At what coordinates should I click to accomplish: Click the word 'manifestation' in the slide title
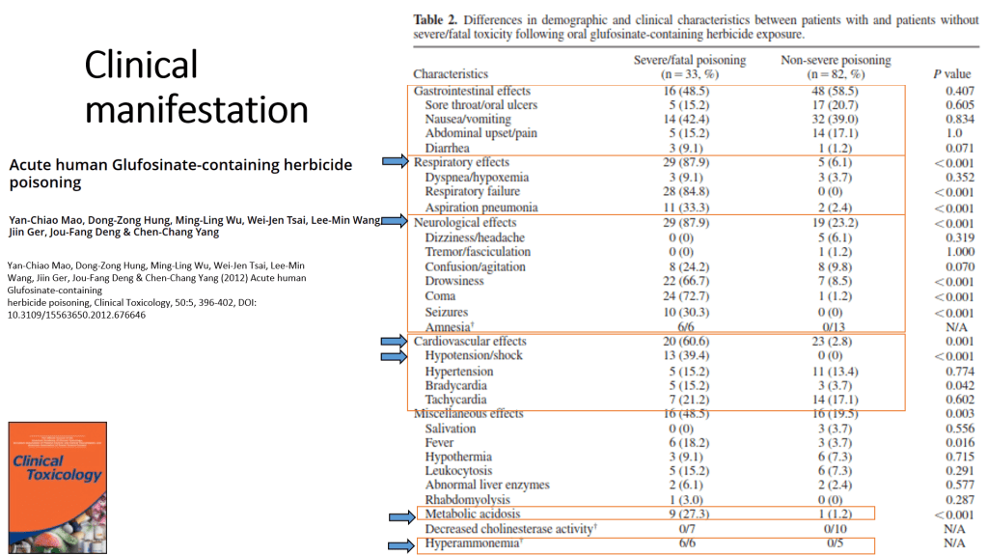(197, 108)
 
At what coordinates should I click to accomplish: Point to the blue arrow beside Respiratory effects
(396, 162)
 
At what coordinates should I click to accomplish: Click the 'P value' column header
(951, 74)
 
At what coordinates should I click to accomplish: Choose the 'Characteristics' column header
(451, 74)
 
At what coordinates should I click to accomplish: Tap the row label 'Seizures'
(447, 313)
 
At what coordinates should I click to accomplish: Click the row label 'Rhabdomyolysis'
(468, 500)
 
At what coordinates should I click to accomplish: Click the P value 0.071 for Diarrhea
(959, 148)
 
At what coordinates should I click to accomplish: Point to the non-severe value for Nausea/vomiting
(836, 119)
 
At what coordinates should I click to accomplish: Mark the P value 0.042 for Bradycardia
(959, 385)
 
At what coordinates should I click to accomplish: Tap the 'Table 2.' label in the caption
(436, 19)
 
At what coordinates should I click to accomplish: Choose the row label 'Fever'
(441, 442)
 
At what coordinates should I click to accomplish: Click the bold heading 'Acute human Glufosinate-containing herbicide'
(180, 165)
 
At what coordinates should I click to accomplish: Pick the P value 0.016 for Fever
(959, 442)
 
